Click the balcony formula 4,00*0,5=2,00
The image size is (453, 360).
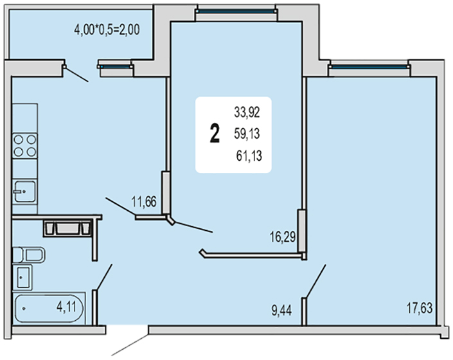tap(107, 30)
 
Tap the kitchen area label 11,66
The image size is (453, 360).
tap(144, 201)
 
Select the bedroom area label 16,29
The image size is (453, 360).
tap(283, 237)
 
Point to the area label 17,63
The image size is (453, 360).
tap(420, 308)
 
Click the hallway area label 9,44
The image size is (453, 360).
tap(281, 311)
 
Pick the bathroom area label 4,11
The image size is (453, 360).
tap(66, 307)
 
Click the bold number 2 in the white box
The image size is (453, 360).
tap(215, 134)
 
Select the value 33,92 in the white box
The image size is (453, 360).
tap(247, 112)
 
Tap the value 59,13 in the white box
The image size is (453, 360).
tap(247, 134)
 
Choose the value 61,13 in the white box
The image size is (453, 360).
tap(249, 156)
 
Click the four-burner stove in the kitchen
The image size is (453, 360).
tap(25, 146)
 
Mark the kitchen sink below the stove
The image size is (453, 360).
tap(25, 192)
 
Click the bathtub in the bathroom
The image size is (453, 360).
tap(49, 309)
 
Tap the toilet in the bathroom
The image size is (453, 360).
tap(29, 255)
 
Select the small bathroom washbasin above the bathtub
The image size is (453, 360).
tap(22, 277)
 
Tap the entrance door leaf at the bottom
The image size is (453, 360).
tap(130, 345)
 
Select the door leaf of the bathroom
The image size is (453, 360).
tap(104, 277)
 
